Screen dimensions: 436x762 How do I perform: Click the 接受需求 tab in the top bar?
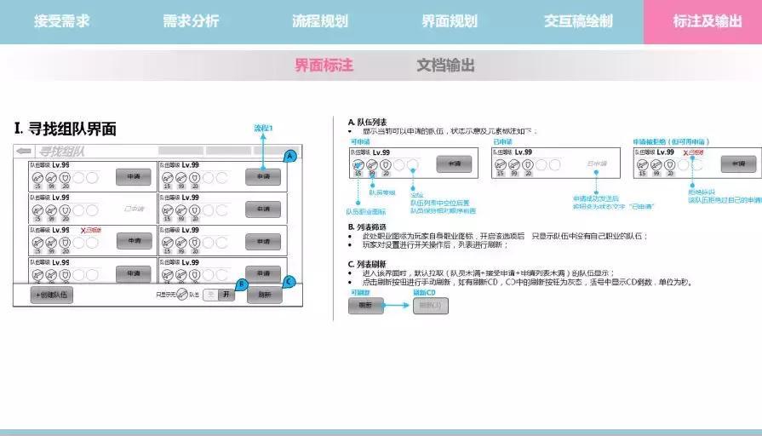pyautogui.click(x=60, y=21)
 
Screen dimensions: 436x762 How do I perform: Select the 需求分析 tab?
pyautogui.click(x=191, y=21)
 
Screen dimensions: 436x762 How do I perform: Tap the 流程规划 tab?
pyautogui.click(x=319, y=21)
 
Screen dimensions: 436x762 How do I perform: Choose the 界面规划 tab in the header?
pyautogui.click(x=449, y=21)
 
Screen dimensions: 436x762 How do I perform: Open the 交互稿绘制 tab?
pyautogui.click(x=578, y=21)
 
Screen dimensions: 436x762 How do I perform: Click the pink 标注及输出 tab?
pyautogui.click(x=707, y=21)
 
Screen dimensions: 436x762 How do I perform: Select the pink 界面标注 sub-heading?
pyautogui.click(x=324, y=65)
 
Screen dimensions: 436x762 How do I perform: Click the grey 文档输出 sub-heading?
pyautogui.click(x=445, y=65)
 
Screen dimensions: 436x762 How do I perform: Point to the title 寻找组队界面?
pyautogui.click(x=66, y=129)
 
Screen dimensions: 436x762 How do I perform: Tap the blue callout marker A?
pyautogui.click(x=289, y=156)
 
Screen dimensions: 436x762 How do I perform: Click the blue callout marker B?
pyautogui.click(x=241, y=284)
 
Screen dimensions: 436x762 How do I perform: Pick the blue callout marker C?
pyautogui.click(x=289, y=282)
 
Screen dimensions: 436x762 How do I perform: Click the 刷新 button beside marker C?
pyautogui.click(x=264, y=295)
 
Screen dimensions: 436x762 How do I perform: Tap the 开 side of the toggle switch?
pyautogui.click(x=226, y=295)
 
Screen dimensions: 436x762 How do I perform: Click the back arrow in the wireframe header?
pyautogui.click(x=24, y=152)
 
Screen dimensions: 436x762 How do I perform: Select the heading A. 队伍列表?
pyautogui.click(x=369, y=122)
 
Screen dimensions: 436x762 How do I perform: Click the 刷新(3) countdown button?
pyautogui.click(x=430, y=305)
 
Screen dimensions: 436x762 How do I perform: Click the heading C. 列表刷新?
pyautogui.click(x=369, y=264)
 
